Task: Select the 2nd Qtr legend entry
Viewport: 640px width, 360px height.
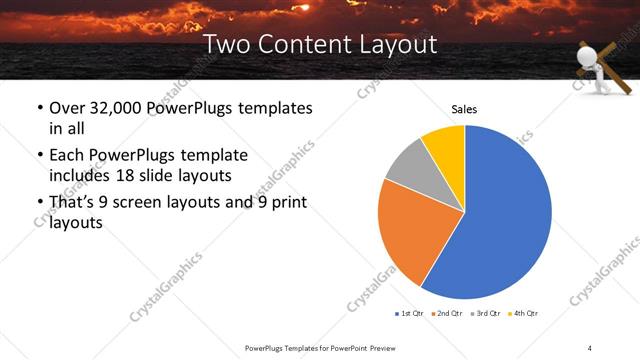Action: pos(447,314)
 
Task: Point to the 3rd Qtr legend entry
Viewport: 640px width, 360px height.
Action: pos(485,314)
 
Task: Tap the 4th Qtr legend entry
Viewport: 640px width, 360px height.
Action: pos(523,314)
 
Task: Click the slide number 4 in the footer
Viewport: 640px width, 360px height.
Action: pos(590,347)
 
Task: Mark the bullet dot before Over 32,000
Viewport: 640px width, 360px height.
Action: pos(39,108)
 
